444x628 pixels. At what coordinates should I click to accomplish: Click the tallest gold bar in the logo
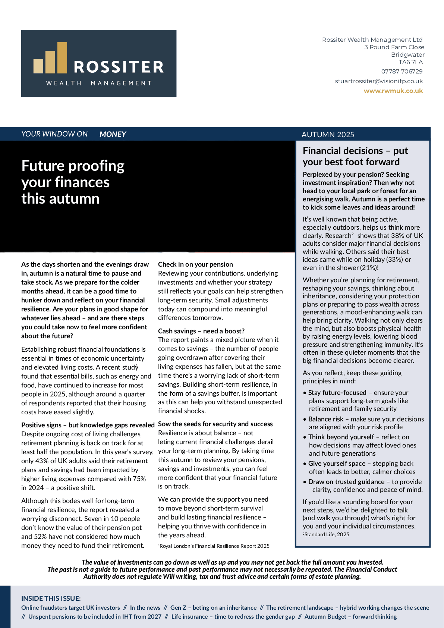pos(62,57)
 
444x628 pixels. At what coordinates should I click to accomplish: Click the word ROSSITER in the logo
pos(119,67)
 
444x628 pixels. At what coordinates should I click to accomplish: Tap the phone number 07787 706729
pos(402,71)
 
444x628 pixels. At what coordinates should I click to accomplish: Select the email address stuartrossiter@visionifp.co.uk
pos(379,81)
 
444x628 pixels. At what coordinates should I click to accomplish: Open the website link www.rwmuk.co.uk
pos(393,91)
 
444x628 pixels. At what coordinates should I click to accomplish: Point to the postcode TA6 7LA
pos(410,62)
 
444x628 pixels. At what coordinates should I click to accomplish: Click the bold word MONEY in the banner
pos(113,134)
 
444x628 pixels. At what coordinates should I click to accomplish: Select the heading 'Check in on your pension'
pos(195,264)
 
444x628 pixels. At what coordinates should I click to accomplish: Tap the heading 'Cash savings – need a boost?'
pos(201,331)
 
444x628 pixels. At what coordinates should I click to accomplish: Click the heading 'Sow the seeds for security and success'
pos(215,424)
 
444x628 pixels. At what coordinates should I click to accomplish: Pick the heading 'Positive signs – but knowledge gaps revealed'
pos(88,425)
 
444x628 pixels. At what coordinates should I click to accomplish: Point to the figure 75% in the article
pos(139,478)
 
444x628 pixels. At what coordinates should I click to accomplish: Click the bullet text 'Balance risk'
pos(325,419)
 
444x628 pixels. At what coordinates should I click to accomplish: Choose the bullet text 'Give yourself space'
pos(337,463)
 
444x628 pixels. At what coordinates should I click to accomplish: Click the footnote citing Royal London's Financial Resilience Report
pos(214,546)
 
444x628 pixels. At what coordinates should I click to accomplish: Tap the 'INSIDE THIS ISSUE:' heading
pos(51,598)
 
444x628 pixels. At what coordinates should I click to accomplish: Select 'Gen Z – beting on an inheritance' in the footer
pos(213,607)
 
